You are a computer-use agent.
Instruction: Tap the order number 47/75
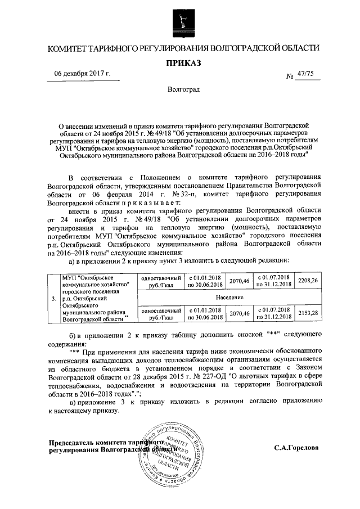[x=307, y=74]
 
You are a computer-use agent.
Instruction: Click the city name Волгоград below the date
[x=180, y=90]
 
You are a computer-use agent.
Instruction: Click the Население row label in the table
[x=229, y=296]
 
